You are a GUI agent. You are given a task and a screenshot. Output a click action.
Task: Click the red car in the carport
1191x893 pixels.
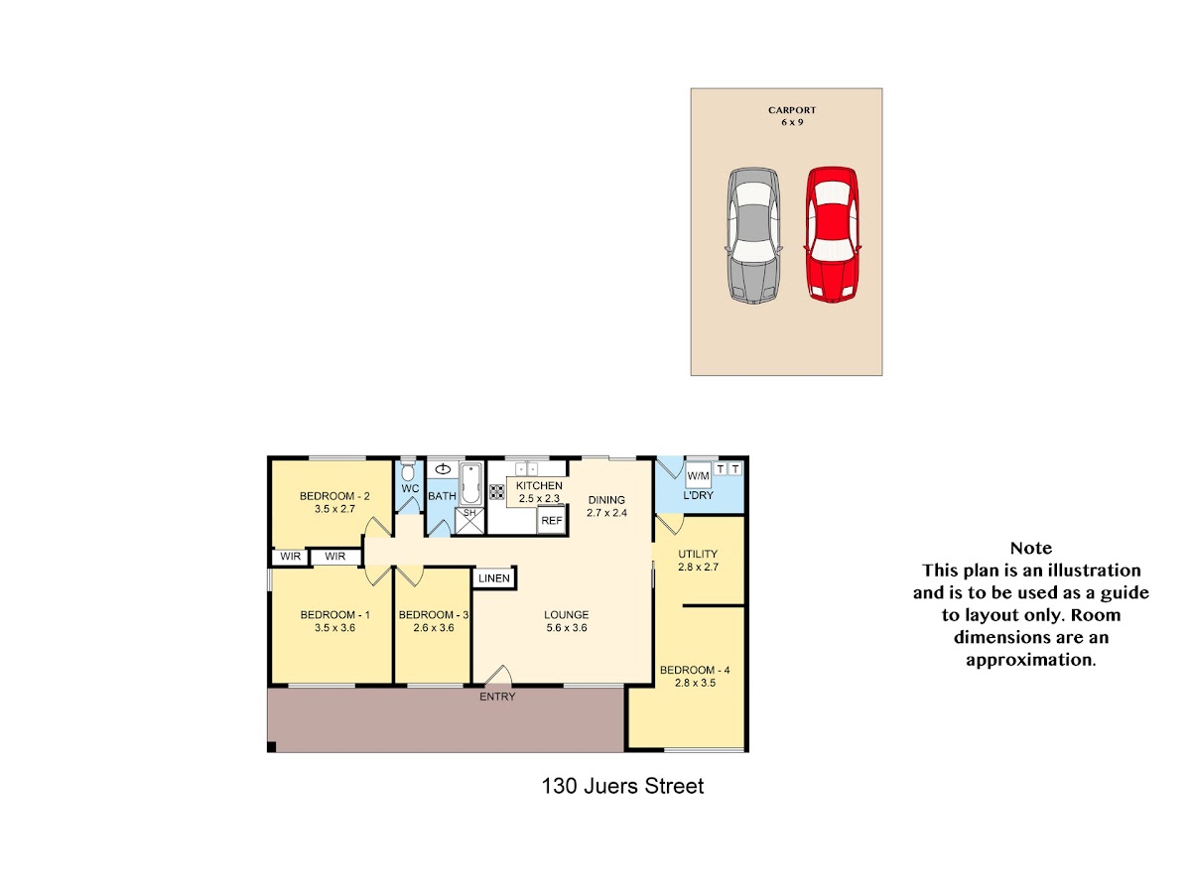[832, 234]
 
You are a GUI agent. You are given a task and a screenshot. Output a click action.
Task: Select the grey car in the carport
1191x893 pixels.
[753, 235]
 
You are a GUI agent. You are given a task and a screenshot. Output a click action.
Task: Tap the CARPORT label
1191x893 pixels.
[792, 110]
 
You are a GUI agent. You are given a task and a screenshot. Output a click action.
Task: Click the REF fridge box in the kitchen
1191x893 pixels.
[551, 521]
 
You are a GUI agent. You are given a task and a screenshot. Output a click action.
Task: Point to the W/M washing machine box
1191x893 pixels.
[698, 476]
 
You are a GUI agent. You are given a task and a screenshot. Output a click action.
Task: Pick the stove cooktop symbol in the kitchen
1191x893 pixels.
[496, 492]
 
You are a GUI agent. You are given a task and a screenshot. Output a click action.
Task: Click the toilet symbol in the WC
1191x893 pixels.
[408, 468]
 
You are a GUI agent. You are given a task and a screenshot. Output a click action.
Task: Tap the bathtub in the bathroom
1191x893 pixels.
[470, 483]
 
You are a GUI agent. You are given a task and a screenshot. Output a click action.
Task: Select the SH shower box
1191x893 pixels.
[469, 521]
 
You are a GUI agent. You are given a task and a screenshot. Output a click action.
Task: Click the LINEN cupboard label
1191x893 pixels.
[493, 578]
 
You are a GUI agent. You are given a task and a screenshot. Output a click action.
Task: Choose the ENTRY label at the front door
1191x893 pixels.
[497, 697]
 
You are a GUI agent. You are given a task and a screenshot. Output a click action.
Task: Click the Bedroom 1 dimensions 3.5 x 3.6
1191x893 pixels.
[334, 628]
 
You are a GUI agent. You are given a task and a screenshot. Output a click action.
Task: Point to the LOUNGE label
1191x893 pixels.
[566, 615]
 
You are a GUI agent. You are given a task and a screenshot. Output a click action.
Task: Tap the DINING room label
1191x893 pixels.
[606, 500]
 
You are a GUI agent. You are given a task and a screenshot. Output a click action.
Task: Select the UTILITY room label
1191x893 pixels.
[698, 554]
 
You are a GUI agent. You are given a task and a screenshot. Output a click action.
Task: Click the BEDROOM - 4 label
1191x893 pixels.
[695, 670]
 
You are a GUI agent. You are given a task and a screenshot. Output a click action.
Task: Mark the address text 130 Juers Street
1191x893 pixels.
[622, 786]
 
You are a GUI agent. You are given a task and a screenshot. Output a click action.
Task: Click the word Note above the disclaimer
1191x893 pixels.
[1030, 548]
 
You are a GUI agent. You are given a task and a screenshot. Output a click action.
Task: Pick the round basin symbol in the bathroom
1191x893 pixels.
[443, 469]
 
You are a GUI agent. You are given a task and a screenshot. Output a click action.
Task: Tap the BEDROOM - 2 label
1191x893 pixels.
[334, 496]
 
